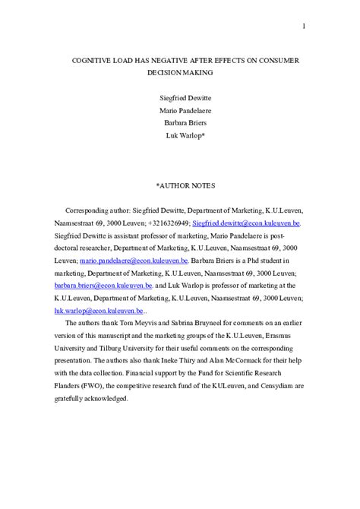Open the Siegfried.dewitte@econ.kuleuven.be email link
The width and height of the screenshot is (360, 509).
247,224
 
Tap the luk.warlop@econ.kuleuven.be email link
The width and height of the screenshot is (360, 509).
98,310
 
